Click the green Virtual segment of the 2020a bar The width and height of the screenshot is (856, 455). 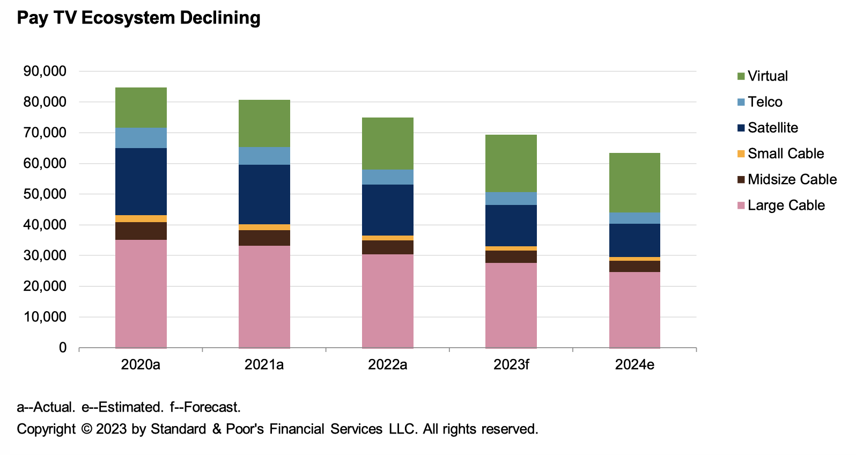141,107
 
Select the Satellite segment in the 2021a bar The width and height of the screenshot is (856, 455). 264,194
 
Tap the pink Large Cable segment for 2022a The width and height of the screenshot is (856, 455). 387,300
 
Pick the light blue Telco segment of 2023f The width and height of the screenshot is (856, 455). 511,199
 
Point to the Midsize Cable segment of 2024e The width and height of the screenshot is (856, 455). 634,266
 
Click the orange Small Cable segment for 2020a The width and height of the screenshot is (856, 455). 141,218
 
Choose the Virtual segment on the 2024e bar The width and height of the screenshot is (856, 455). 634,182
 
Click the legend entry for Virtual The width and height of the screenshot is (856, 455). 768,76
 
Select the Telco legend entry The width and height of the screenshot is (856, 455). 765,102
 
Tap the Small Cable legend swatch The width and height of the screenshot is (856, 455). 741,154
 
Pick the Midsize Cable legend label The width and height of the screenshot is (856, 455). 792,179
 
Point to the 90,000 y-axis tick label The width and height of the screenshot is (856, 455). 45,71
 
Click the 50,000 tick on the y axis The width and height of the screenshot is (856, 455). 45,194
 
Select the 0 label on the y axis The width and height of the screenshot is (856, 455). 63,348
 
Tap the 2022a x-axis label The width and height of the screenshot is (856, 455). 387,365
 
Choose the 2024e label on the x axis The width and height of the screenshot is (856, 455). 634,365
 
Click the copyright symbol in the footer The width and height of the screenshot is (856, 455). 86,429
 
